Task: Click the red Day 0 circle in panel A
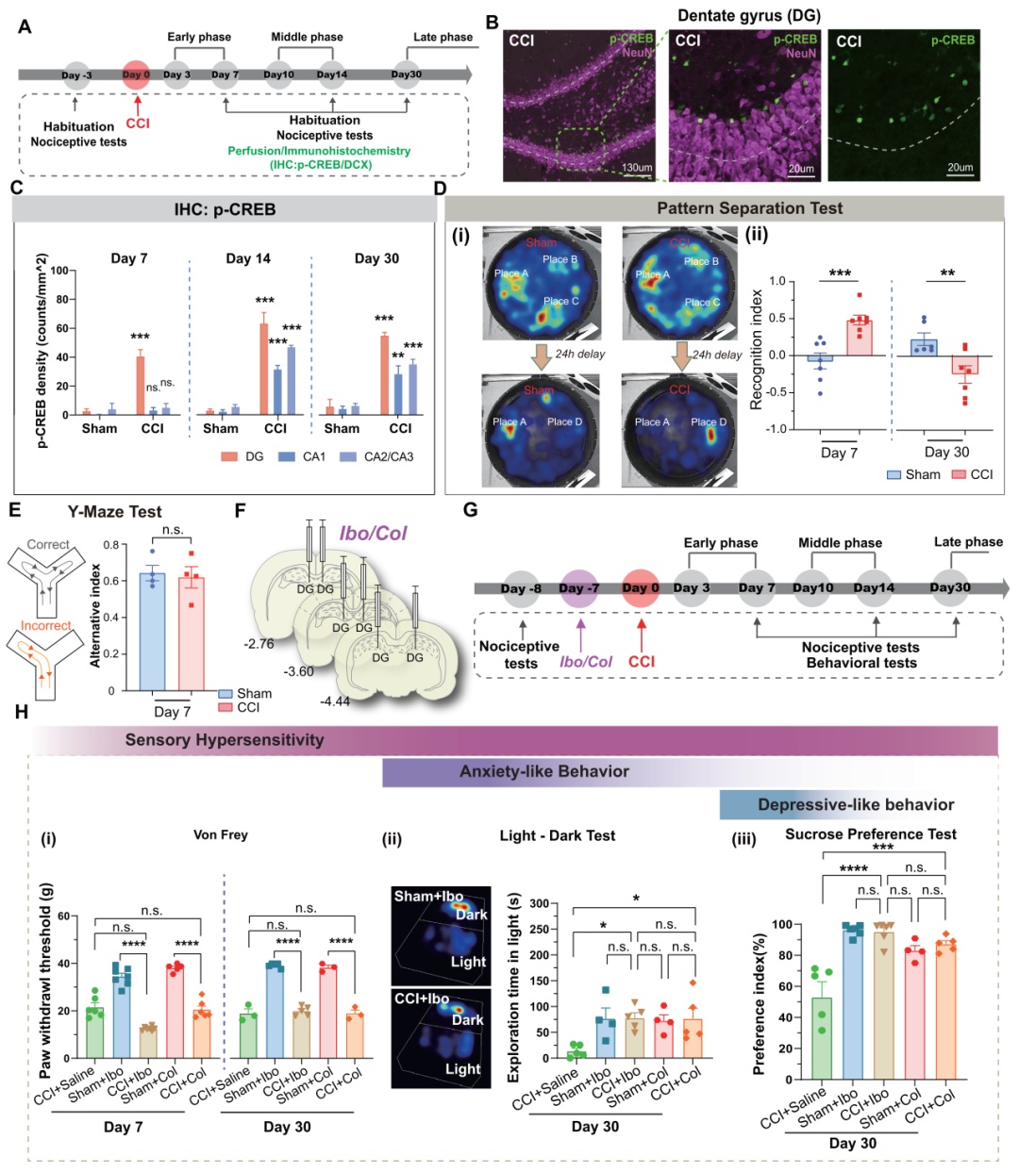pyautogui.click(x=137, y=74)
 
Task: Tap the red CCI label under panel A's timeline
pyautogui.click(x=138, y=124)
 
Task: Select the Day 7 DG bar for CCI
pyautogui.click(x=141, y=386)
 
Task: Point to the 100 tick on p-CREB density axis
pyautogui.click(x=59, y=271)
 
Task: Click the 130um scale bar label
pyautogui.click(x=637, y=168)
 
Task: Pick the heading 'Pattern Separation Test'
pyautogui.click(x=749, y=208)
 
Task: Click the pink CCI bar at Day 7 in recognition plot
pyautogui.click(x=859, y=338)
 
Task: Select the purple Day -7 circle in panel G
pyautogui.click(x=579, y=588)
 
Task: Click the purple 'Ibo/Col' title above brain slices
pyautogui.click(x=373, y=534)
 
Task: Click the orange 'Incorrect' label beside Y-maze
pyautogui.click(x=46, y=625)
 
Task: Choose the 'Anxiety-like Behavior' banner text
pyautogui.click(x=543, y=772)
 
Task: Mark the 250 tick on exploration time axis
pyautogui.click(x=539, y=930)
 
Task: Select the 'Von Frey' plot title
pyautogui.click(x=220, y=834)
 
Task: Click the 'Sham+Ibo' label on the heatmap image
pyautogui.click(x=428, y=897)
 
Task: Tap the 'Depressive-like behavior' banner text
pyautogui.click(x=856, y=805)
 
